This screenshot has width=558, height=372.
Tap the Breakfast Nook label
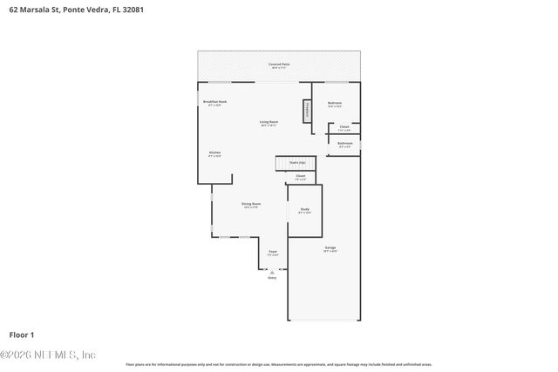[x=214, y=103]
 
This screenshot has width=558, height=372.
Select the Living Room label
[x=269, y=123]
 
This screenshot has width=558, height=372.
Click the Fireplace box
[x=307, y=112]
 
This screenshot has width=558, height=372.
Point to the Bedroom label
[x=335, y=104]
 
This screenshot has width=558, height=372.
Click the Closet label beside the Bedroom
[x=344, y=128]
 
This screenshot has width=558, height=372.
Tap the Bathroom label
[x=345, y=144]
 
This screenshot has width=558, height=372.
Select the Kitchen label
[x=214, y=154]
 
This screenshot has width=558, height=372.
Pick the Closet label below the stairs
[x=300, y=178]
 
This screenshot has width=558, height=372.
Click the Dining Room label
[x=251, y=205]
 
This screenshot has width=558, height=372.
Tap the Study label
[x=304, y=210]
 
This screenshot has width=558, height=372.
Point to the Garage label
[x=330, y=249]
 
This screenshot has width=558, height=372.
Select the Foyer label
[x=273, y=253]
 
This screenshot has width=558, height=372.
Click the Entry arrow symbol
[x=272, y=271]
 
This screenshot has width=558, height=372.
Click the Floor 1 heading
[x=21, y=335]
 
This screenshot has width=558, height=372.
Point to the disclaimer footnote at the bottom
[x=279, y=364]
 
